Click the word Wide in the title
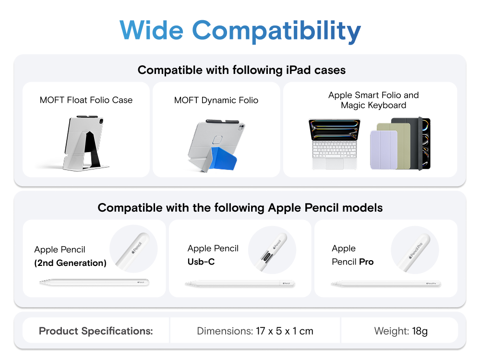click(152, 30)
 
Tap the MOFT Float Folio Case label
click(86, 100)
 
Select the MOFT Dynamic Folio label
click(216, 100)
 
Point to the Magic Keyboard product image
click(334, 144)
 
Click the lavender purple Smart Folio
click(384, 150)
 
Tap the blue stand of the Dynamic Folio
click(222, 158)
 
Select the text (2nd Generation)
click(71, 263)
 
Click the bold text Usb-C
click(201, 262)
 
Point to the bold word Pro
click(366, 262)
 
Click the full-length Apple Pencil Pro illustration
click(386, 284)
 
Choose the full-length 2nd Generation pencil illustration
click(94, 282)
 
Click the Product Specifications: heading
click(96, 331)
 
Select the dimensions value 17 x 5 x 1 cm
click(285, 331)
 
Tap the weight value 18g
click(420, 331)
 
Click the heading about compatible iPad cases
click(241, 70)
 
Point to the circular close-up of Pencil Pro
click(415, 250)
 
